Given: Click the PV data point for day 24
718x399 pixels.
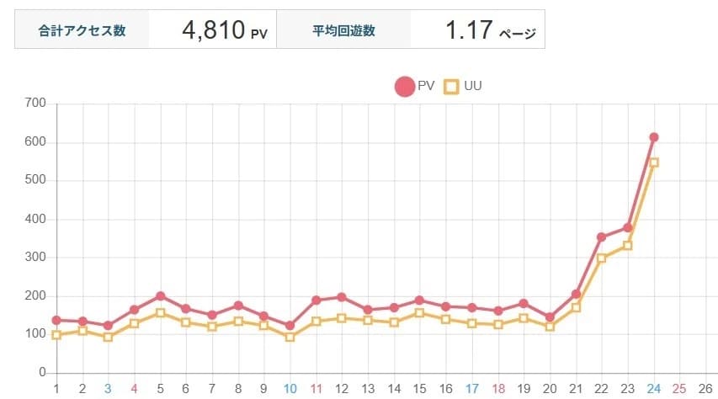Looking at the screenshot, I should (x=653, y=137).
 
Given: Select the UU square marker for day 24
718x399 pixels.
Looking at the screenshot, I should (x=653, y=162).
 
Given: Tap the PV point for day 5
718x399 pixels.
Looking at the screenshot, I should (x=160, y=296).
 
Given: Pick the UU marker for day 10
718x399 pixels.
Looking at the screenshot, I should (x=290, y=338).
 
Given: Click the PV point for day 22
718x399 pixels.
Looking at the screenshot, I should (x=601, y=237).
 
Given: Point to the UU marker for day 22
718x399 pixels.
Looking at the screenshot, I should (x=601, y=258).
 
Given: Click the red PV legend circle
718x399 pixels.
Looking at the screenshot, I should (x=404, y=86).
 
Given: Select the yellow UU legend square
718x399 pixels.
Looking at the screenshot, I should (x=451, y=86).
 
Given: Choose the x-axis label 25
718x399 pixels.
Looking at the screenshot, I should (x=679, y=389).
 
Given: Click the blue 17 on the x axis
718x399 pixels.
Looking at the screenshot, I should (x=471, y=389).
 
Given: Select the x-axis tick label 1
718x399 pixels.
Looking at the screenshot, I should (x=56, y=389).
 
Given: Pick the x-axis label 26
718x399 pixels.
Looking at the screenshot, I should (x=705, y=389).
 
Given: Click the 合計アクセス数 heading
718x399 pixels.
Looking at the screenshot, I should (x=82, y=31).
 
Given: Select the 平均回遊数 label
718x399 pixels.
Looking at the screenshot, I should (x=343, y=31).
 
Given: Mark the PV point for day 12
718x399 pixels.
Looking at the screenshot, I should (x=342, y=297).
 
